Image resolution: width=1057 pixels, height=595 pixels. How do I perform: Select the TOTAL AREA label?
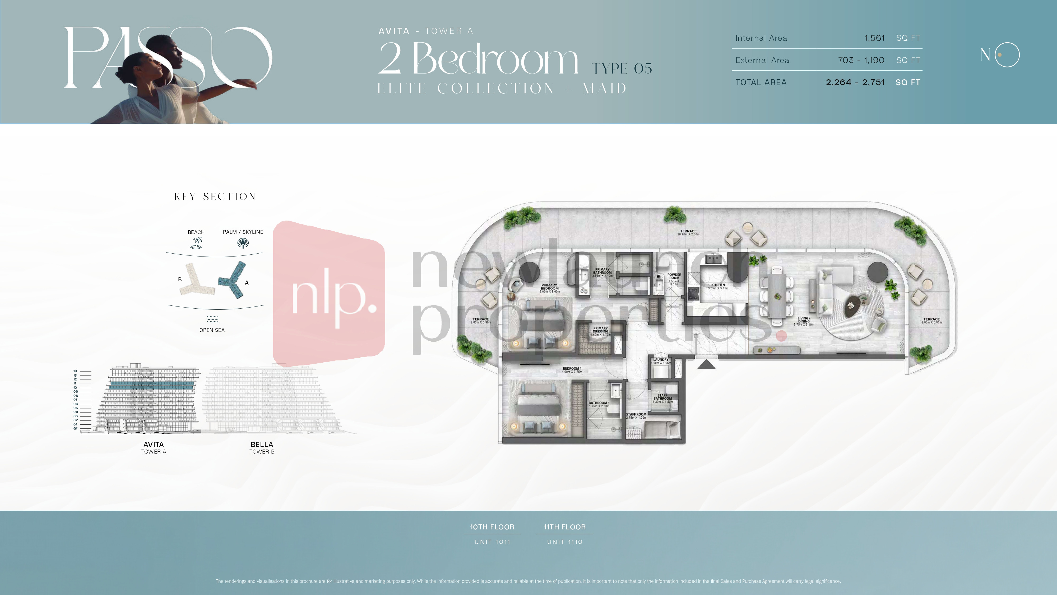tap(761, 83)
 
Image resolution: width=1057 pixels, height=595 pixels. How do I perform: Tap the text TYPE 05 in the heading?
tap(622, 68)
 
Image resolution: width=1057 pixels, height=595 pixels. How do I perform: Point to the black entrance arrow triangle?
tap(706, 364)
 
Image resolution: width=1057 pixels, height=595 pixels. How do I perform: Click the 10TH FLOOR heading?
tap(492, 527)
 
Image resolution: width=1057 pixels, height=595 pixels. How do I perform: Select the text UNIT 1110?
tap(565, 542)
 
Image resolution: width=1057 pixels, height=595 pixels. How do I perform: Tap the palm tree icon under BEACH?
tap(196, 243)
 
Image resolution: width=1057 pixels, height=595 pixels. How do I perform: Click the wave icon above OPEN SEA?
tap(212, 319)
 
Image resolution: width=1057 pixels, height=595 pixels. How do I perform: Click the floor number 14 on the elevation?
tap(75, 371)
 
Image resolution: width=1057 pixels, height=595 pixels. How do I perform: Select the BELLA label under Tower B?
tap(262, 444)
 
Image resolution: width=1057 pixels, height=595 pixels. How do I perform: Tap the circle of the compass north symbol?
tap(1007, 55)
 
